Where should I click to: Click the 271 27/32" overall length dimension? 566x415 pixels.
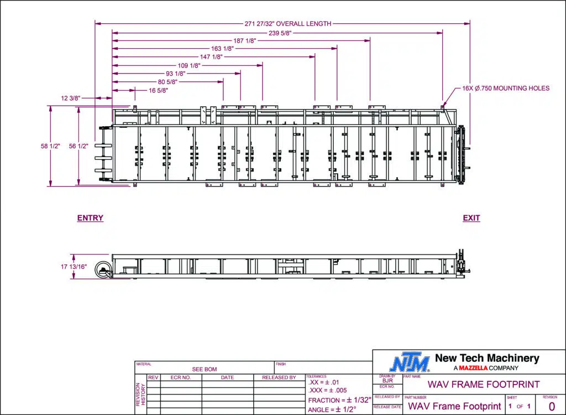(x=287, y=24)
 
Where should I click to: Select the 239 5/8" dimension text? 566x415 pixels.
(x=280, y=33)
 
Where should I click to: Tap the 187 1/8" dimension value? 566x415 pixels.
(x=245, y=40)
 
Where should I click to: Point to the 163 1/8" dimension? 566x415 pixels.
(x=222, y=49)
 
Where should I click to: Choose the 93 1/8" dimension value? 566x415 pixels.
(x=175, y=74)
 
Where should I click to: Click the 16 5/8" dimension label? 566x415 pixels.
(x=158, y=90)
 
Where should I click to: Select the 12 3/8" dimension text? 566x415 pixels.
(x=71, y=98)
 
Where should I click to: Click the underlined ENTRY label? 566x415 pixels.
(x=90, y=218)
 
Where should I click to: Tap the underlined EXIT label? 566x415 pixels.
(x=471, y=218)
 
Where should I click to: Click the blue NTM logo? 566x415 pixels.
(x=410, y=363)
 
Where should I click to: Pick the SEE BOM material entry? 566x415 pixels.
(x=205, y=369)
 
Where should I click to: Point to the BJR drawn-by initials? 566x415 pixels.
(x=387, y=381)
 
